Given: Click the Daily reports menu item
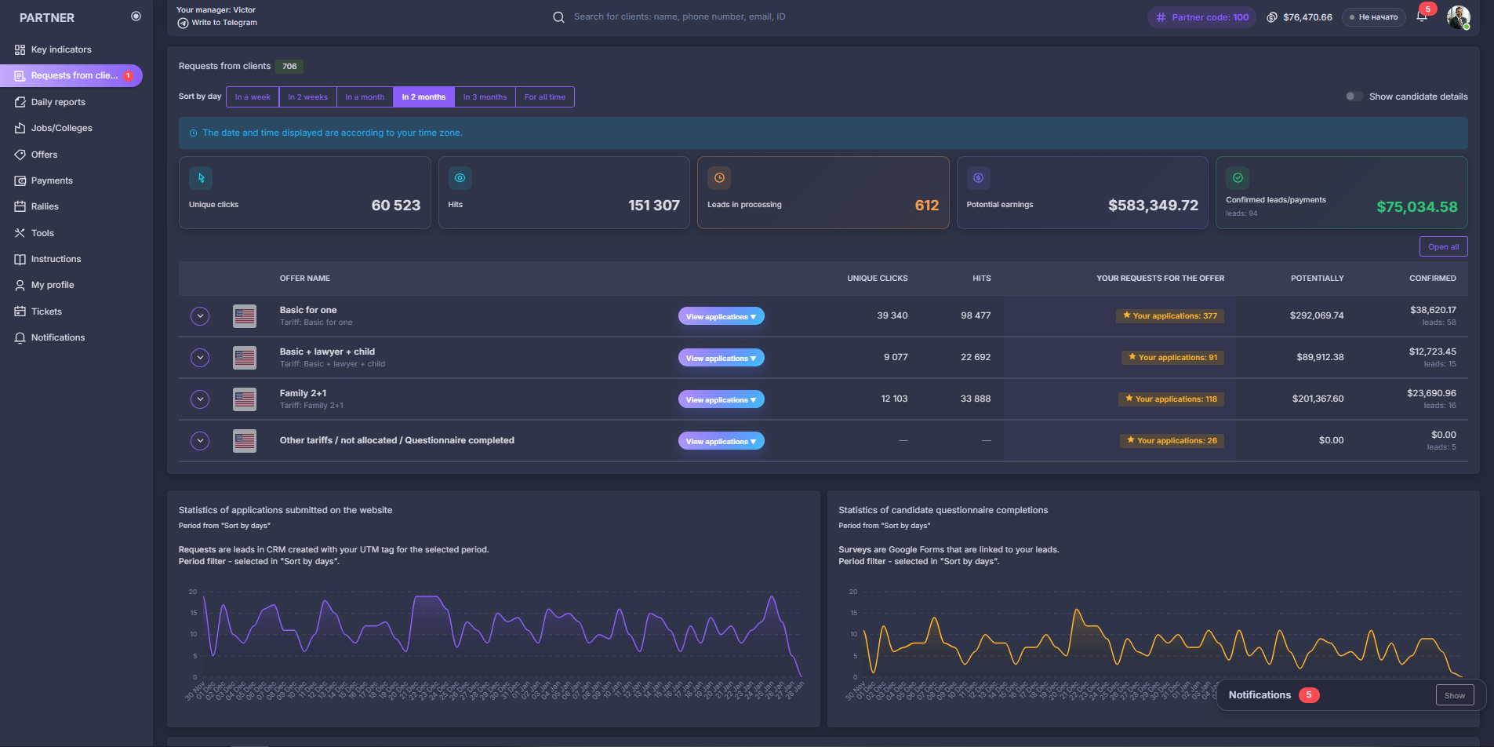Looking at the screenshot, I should pyautogui.click(x=58, y=102).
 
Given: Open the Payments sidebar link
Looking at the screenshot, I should pyautogui.click(x=52, y=180).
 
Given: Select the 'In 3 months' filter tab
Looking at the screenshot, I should pyautogui.click(x=485, y=97).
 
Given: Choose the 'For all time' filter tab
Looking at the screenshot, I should pyautogui.click(x=544, y=97).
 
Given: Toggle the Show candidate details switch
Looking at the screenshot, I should pyautogui.click(x=1354, y=97).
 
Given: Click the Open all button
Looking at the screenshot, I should pyautogui.click(x=1443, y=246).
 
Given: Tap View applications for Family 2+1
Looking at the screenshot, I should pyautogui.click(x=721, y=399).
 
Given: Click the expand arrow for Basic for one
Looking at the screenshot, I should pyautogui.click(x=200, y=316).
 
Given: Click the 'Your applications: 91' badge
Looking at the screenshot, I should pyautogui.click(x=1172, y=358).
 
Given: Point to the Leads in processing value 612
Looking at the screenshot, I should pyautogui.click(x=926, y=206).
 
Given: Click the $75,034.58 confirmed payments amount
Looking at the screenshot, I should pyautogui.click(x=1416, y=207).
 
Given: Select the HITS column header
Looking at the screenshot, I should pyautogui.click(x=981, y=279).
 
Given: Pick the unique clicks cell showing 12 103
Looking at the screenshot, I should pyautogui.click(x=893, y=399).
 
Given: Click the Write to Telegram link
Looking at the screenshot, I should pyautogui.click(x=224, y=23).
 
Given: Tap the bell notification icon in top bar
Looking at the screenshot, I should pyautogui.click(x=1421, y=16).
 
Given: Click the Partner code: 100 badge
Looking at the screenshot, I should pyautogui.click(x=1201, y=17).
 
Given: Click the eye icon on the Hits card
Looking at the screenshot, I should pyautogui.click(x=460, y=178).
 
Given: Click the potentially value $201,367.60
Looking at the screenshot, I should pyautogui.click(x=1318, y=399).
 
